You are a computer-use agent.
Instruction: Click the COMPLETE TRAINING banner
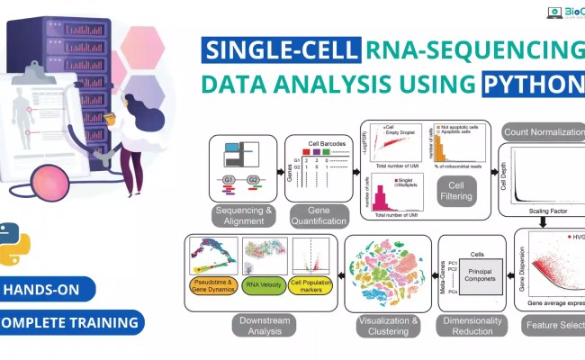[68, 321]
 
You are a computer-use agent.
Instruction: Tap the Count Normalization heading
[543, 131]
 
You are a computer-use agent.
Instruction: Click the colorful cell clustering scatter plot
[389, 273]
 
